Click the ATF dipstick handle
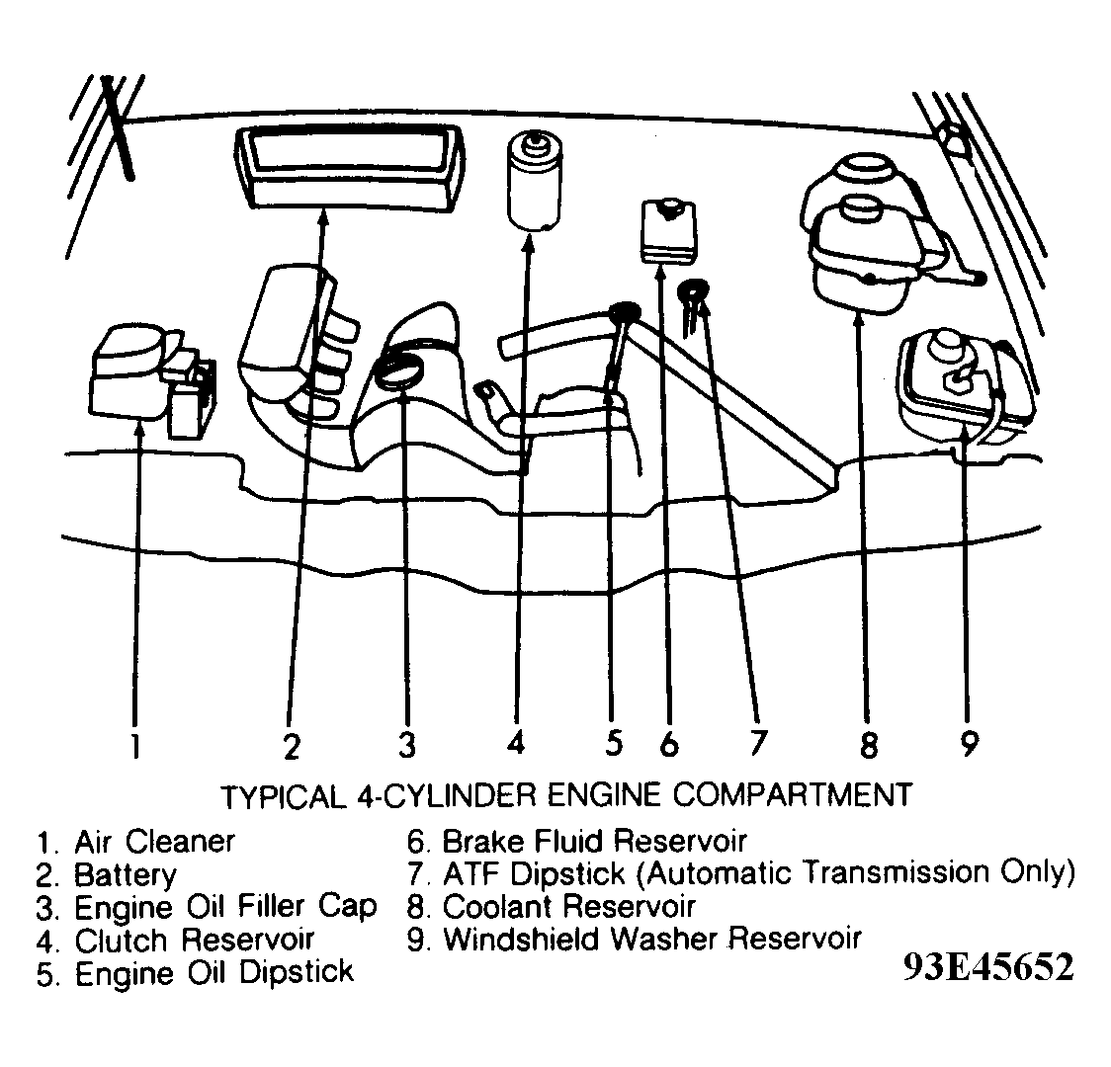(694, 291)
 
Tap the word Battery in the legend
(126, 874)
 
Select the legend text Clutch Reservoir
(195, 940)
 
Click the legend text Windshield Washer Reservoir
(652, 939)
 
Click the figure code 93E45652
(986, 968)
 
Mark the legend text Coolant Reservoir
(569, 906)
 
